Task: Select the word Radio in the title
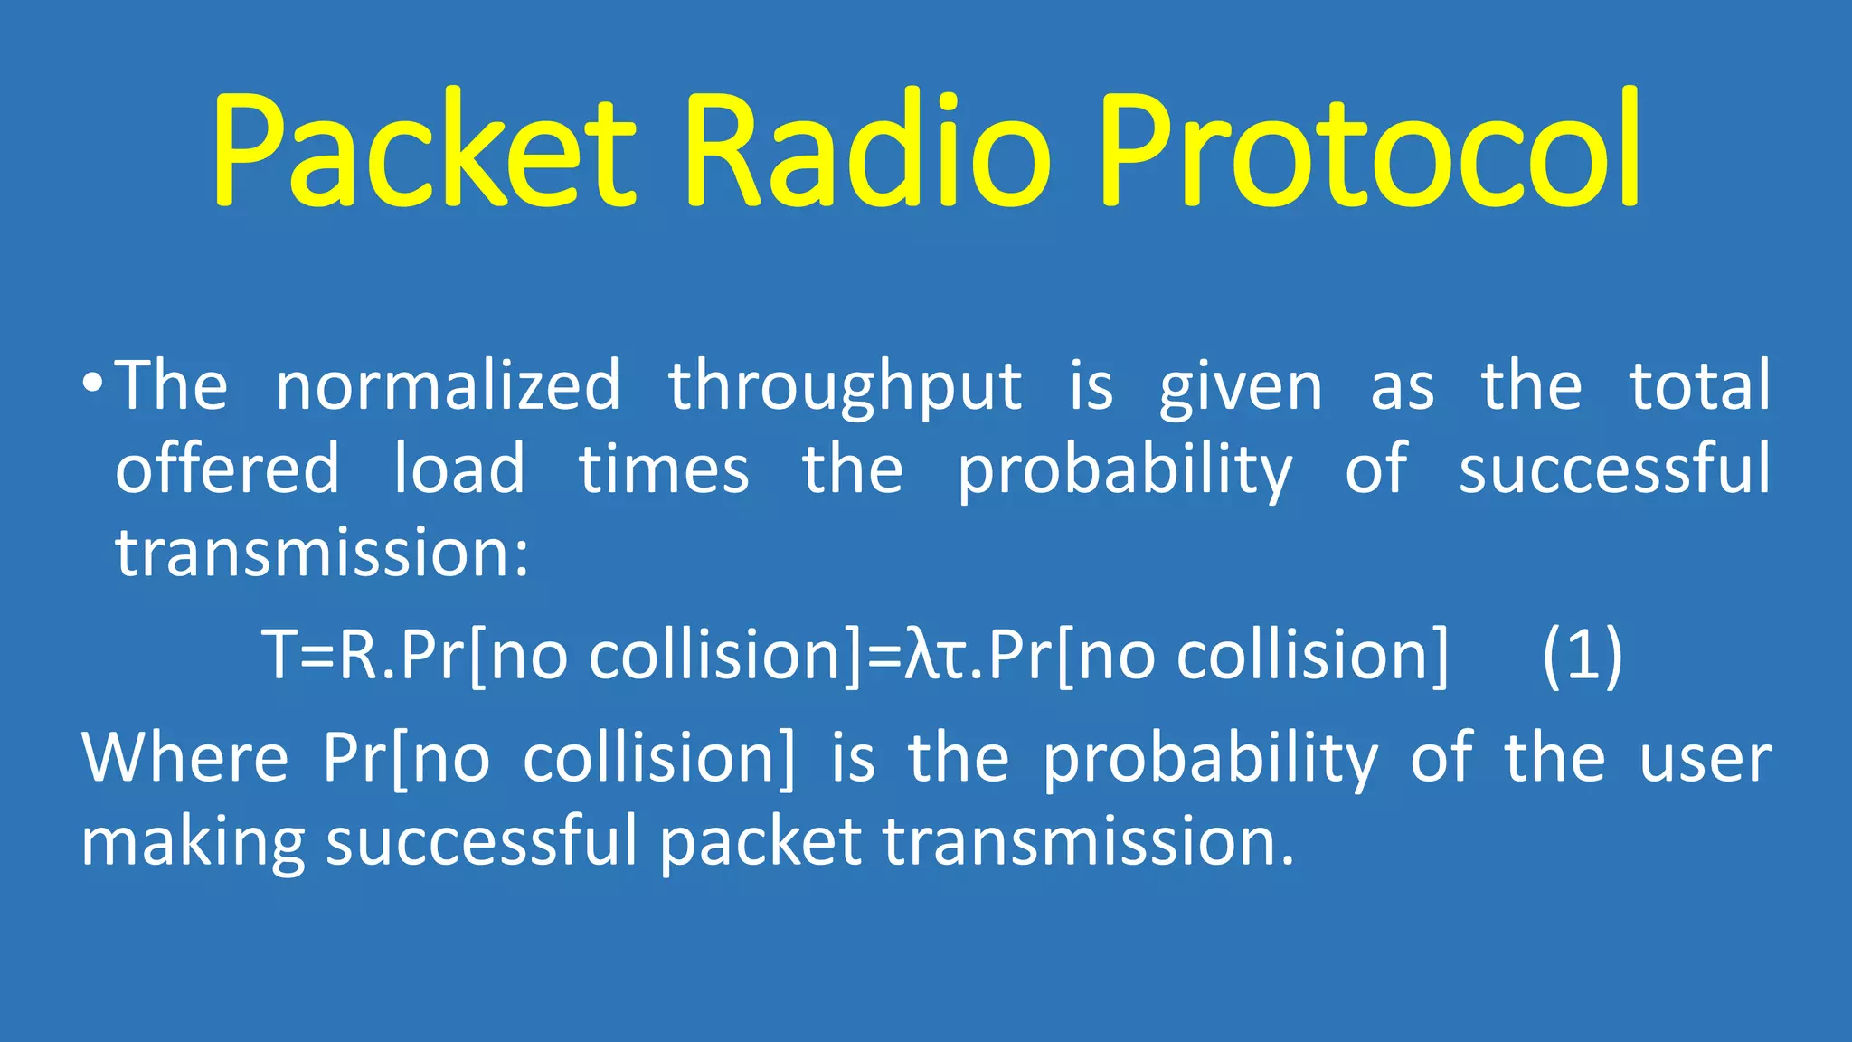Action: pos(868,149)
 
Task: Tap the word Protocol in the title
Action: pos(1370,149)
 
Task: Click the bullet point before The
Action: pos(91,384)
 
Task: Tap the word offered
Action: pos(227,469)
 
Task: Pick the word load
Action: pos(459,469)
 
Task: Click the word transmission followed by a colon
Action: pos(321,553)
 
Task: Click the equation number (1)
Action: pos(1583,655)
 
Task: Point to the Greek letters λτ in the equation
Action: pos(937,655)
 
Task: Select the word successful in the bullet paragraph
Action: pos(1615,469)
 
